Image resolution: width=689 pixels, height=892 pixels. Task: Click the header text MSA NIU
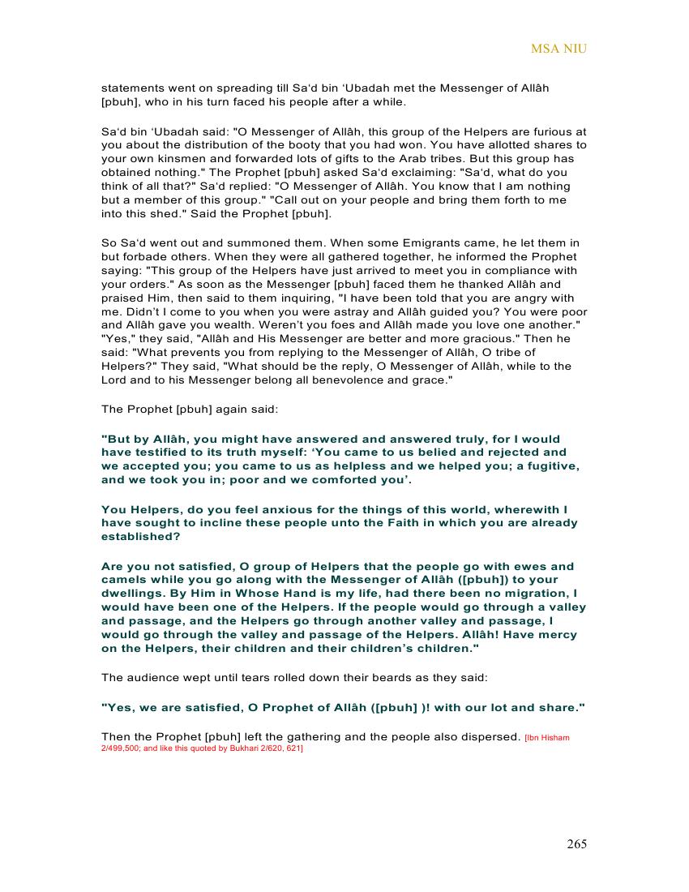point(558,49)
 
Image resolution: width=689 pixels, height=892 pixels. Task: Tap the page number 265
point(576,844)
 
